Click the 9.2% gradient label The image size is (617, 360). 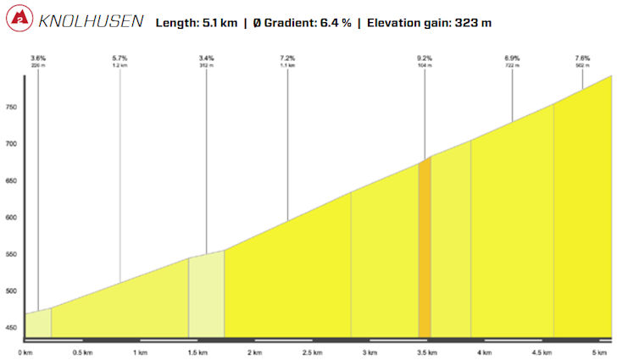click(x=425, y=58)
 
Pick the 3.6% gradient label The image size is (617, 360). click(x=38, y=58)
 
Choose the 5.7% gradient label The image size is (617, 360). click(x=120, y=58)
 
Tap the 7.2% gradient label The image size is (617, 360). click(x=287, y=58)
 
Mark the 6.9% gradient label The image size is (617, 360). click(x=512, y=58)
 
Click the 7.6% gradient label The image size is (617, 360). click(x=582, y=58)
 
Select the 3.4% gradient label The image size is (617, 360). click(x=206, y=58)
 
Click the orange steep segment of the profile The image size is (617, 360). click(x=425, y=254)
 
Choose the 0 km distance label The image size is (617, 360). click(x=25, y=352)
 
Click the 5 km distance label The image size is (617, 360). click(x=599, y=352)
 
